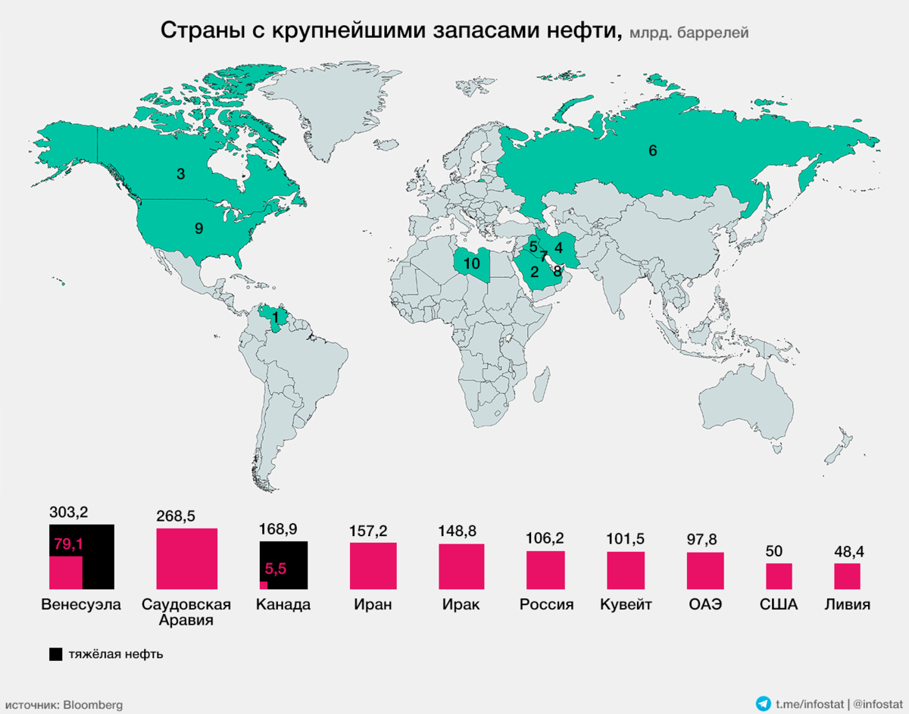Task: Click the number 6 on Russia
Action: click(x=652, y=150)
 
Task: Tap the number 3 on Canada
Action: click(x=180, y=174)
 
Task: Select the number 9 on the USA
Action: click(x=198, y=227)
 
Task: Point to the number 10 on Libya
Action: click(x=472, y=264)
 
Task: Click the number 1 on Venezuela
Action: click(x=276, y=316)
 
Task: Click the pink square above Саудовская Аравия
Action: click(x=186, y=558)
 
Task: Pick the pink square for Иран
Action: click(x=373, y=566)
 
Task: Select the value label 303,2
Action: click(x=68, y=513)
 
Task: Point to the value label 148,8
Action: click(x=461, y=532)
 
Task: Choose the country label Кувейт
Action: click(x=626, y=605)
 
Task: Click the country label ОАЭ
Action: click(x=705, y=605)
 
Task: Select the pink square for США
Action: click(x=779, y=575)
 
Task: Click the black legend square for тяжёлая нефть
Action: click(x=55, y=654)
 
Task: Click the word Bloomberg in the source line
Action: click(x=92, y=705)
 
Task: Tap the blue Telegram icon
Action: click(x=764, y=704)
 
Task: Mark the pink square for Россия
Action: click(x=545, y=569)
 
